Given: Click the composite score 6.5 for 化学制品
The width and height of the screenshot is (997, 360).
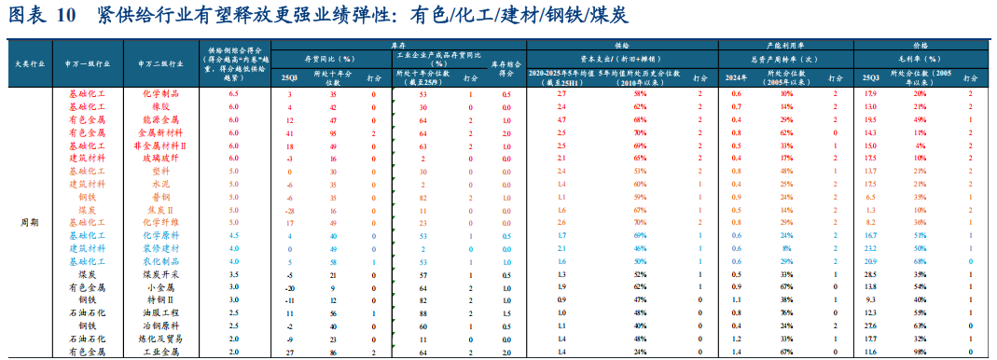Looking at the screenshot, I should pyautogui.click(x=234, y=94).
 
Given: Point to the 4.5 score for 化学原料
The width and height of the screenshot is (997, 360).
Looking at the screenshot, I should pyautogui.click(x=234, y=236).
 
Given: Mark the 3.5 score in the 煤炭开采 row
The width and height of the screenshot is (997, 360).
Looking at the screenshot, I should pyautogui.click(x=234, y=275).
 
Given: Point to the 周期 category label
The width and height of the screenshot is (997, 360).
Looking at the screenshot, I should pyautogui.click(x=30, y=223).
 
